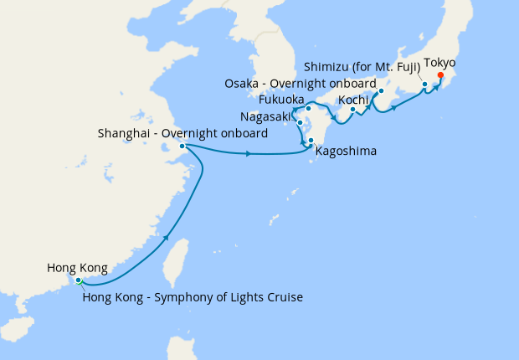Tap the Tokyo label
coord(440,63)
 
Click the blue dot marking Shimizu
coord(424,85)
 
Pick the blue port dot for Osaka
coord(381,91)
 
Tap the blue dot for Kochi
coord(353,109)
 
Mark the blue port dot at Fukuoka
coord(308,108)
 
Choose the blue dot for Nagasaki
coord(300,123)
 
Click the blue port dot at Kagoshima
coord(311,141)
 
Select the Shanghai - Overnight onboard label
coord(182,133)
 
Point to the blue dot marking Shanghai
coord(182,147)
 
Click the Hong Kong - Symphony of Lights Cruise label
coord(192,297)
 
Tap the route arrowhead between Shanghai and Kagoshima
coord(249,153)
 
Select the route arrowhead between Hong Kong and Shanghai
coord(167,239)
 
